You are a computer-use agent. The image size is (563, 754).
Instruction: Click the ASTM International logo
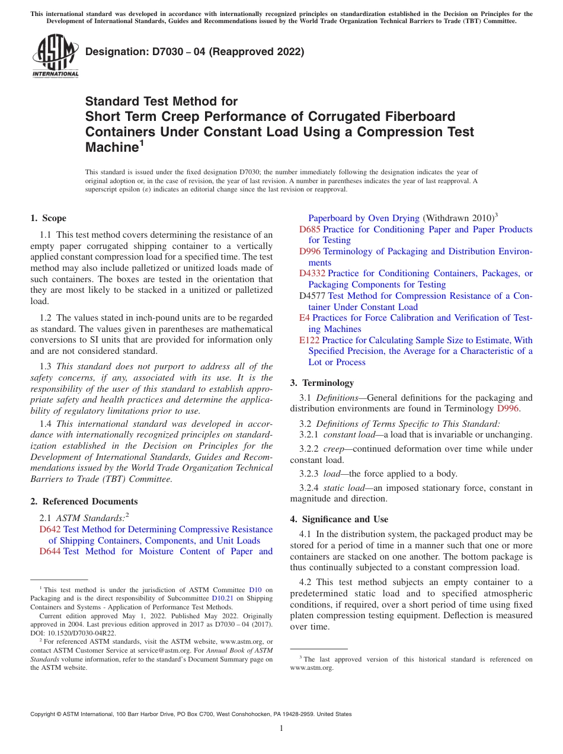(x=55, y=56)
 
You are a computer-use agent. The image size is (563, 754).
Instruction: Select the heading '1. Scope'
(x=49, y=218)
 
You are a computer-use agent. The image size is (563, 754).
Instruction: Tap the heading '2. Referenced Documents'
(x=84, y=501)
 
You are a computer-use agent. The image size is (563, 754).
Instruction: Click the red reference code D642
(x=50, y=529)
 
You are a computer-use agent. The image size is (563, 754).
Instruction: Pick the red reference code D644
(x=50, y=551)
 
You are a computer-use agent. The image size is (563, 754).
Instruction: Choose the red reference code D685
(x=310, y=229)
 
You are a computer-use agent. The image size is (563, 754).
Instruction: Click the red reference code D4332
(x=312, y=273)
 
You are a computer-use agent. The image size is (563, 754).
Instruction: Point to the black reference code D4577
(x=312, y=296)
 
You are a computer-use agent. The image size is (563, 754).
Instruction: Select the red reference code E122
(x=309, y=340)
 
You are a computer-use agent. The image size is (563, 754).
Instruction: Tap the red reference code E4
(x=304, y=318)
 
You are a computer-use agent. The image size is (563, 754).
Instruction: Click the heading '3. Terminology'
(x=322, y=383)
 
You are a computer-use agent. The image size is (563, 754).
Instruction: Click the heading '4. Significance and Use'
(x=339, y=519)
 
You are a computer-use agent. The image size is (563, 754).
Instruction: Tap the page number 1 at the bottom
(x=281, y=729)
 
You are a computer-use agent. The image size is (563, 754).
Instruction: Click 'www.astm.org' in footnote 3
(x=312, y=667)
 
